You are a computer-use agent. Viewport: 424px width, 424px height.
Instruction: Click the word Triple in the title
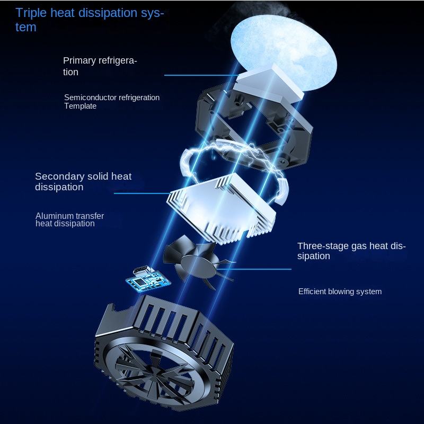pyautogui.click(x=31, y=13)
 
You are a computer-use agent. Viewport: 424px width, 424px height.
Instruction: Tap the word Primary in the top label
pyautogui.click(x=79, y=60)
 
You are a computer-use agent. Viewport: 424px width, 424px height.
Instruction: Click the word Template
pyautogui.click(x=81, y=106)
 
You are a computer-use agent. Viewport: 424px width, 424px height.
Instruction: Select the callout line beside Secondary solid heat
pyautogui.click(x=140, y=193)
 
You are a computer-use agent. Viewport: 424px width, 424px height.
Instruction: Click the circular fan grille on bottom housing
pyautogui.click(x=151, y=371)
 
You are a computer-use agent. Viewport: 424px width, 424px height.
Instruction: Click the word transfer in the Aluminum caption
pyautogui.click(x=89, y=216)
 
